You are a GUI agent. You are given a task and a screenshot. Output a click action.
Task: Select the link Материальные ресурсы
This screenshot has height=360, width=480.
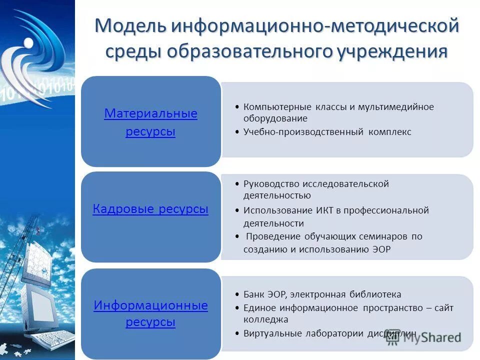pyautogui.click(x=150, y=123)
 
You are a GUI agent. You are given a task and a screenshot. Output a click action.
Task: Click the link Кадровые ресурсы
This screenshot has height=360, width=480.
pyautogui.click(x=150, y=209)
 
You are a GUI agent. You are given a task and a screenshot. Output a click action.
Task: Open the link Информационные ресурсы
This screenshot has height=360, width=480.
pyautogui.click(x=150, y=313)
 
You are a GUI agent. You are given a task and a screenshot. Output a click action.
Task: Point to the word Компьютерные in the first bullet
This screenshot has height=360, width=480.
pyautogui.click(x=277, y=107)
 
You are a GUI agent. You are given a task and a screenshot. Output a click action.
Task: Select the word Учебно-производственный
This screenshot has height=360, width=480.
pyautogui.click(x=304, y=132)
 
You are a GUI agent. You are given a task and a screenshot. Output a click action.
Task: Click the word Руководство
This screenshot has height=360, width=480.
pyautogui.click(x=271, y=184)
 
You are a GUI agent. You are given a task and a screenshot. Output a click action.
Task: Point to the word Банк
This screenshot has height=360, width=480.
pyautogui.click(x=254, y=294)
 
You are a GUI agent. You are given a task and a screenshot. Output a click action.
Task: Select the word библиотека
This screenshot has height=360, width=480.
pyautogui.click(x=373, y=294)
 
